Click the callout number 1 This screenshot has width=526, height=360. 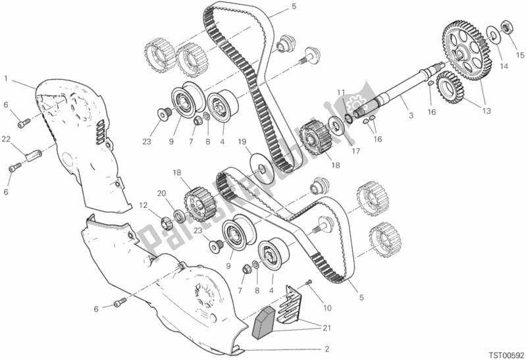coord(6,78)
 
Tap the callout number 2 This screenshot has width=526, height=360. coord(327,349)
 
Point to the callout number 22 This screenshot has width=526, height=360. coord(6,139)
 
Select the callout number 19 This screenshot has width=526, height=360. coord(242,141)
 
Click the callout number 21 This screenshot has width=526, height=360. coord(327,328)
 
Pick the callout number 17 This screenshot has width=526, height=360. coord(355,151)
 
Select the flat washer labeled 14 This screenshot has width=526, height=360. coord(492,35)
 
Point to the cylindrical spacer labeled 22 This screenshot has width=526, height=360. coord(33,157)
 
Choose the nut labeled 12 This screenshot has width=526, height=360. coord(167,222)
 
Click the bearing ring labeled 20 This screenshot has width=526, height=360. coord(179,216)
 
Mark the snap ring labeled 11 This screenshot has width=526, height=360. coord(349,118)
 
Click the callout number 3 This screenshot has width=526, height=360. coord(411,116)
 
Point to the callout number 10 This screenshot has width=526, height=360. coord(327,307)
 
